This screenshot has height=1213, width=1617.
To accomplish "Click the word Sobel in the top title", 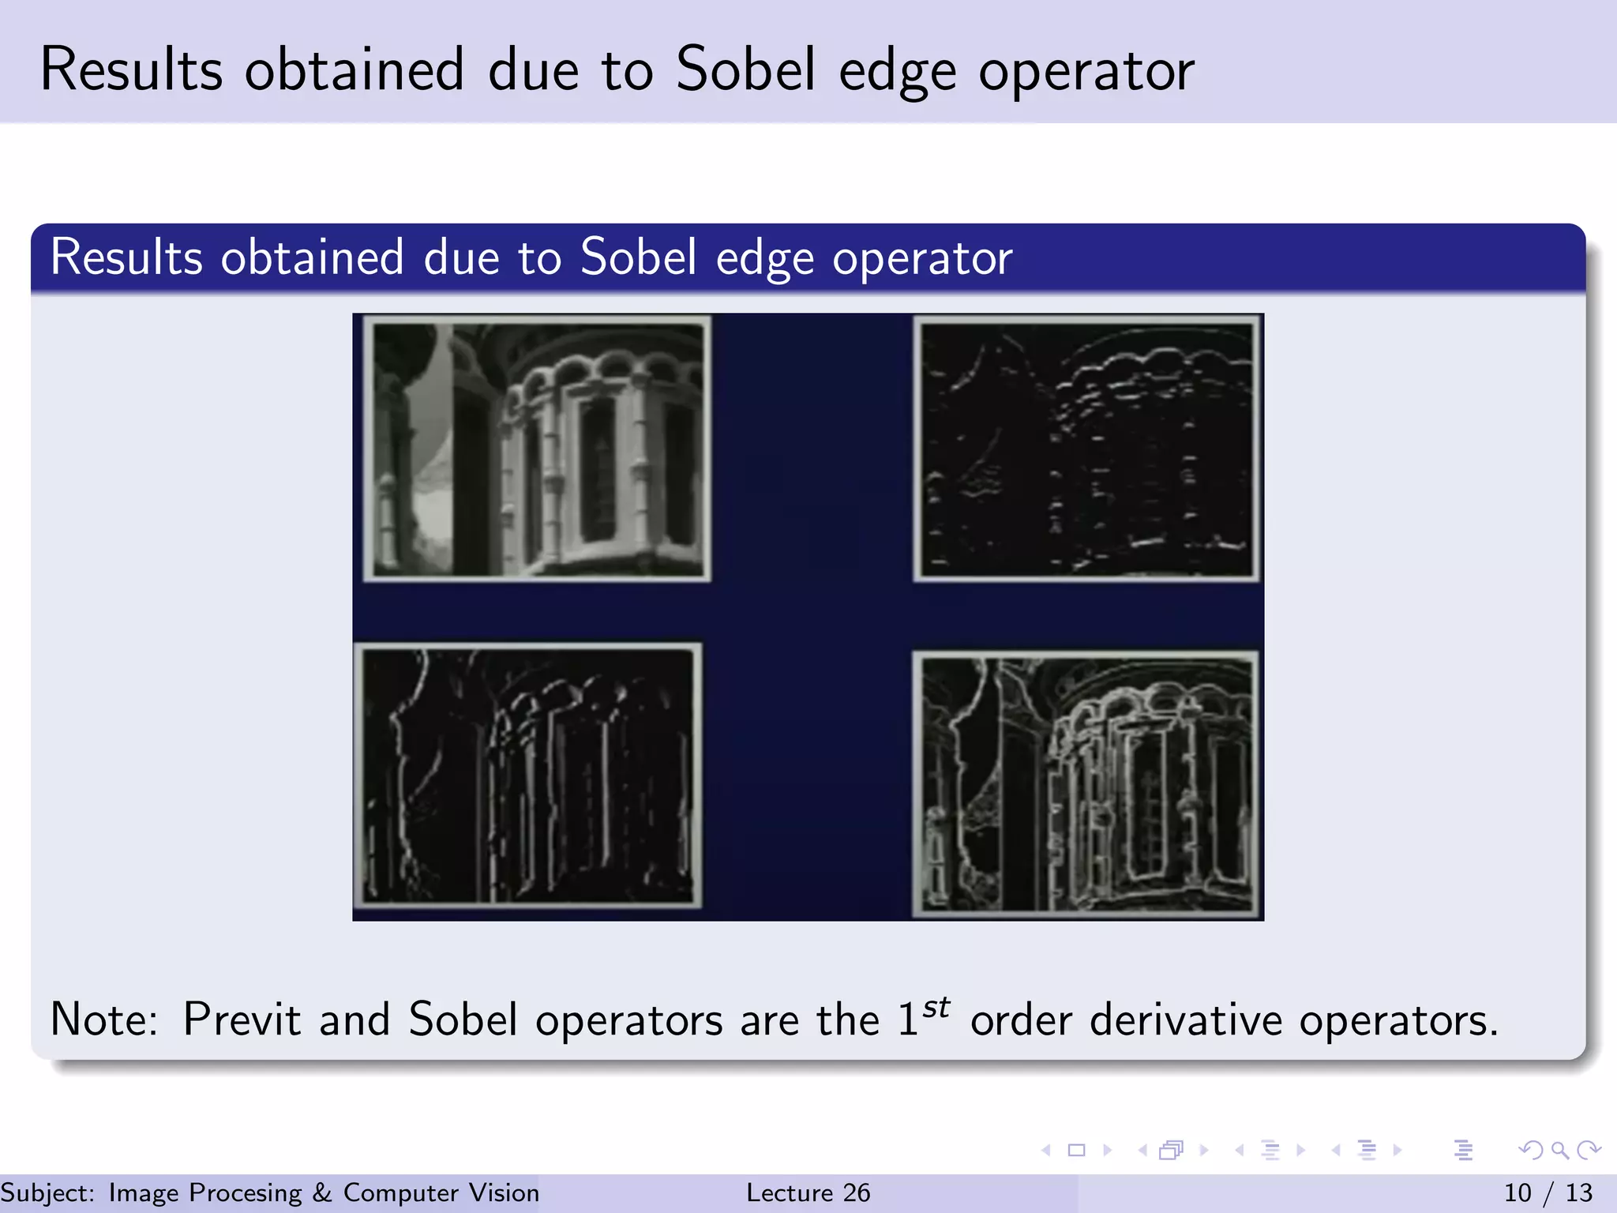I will tap(745, 69).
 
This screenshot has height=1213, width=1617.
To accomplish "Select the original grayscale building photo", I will tap(537, 449).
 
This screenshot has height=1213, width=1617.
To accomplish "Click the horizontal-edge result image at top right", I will tap(1086, 449).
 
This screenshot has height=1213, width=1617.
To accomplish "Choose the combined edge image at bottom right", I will tap(1086, 785).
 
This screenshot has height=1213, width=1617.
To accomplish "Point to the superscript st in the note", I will tap(936, 1008).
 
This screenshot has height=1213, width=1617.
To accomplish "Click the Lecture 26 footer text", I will tap(808, 1192).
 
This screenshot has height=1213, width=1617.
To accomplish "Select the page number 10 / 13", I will tap(1548, 1192).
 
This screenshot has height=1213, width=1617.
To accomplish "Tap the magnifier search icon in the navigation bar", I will tap(1559, 1151).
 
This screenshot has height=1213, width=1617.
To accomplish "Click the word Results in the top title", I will tap(131, 69).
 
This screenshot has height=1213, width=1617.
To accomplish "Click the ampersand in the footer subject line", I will tap(322, 1192).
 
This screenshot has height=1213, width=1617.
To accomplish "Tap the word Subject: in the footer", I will tap(47, 1192).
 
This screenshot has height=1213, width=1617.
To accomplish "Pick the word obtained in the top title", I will tap(354, 69).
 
